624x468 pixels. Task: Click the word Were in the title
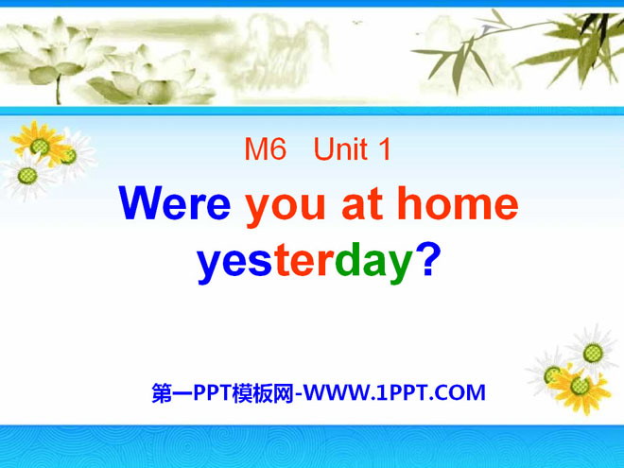pos(174,203)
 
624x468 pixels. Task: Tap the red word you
pos(286,208)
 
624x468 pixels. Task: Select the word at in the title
pos(362,204)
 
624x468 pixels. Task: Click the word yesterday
pos(304,263)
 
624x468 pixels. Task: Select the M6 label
pos(266,148)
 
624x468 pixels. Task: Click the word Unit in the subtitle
pos(340,148)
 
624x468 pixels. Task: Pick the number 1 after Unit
pos(385,148)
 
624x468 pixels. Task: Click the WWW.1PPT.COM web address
pos(394,392)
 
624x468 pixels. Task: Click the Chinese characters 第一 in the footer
pos(172,392)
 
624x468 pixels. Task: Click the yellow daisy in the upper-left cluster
pos(41,144)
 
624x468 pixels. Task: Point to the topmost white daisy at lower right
pos(592,352)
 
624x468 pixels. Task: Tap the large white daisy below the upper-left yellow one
pos(27,176)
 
